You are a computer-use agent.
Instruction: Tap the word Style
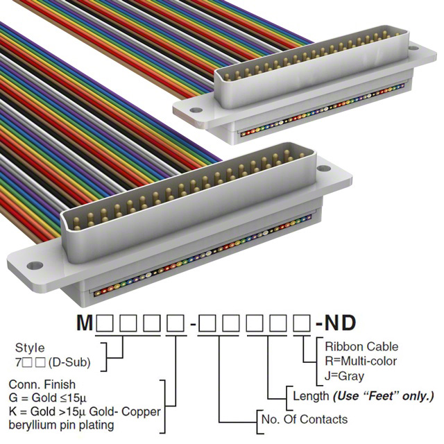click(30, 348)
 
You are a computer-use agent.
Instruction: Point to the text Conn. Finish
click(42, 384)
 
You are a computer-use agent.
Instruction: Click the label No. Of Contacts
click(304, 419)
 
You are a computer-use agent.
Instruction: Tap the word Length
click(309, 396)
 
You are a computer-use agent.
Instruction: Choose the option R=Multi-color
click(361, 361)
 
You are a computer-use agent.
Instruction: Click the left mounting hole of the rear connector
click(196, 109)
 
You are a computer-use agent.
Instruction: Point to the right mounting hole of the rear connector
click(414, 50)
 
